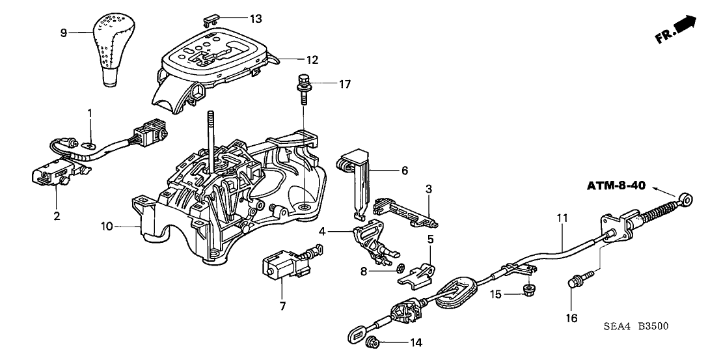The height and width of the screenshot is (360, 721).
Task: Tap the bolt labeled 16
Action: (x=575, y=282)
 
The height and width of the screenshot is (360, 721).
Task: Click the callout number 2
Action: (x=57, y=216)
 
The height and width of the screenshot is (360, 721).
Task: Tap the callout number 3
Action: (x=429, y=189)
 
